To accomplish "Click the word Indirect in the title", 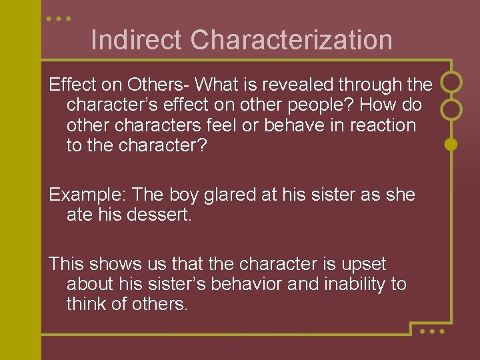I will pyautogui.click(x=137, y=40).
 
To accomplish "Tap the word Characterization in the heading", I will pyautogui.click(x=291, y=40).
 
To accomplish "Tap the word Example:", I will pyautogui.click(x=88, y=195).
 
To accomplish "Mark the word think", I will pyautogui.click(x=89, y=304).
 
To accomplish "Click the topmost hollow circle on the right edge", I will pyautogui.click(x=451, y=82).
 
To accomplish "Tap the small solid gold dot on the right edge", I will pyautogui.click(x=451, y=143).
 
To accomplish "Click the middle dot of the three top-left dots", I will pyautogui.click(x=59, y=19).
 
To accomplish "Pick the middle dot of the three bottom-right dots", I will pyautogui.click(x=431, y=331).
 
